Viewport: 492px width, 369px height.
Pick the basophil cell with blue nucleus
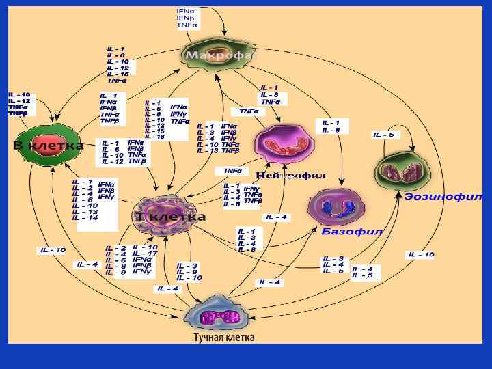[x=334, y=207]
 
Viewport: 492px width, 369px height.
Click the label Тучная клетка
[x=223, y=338]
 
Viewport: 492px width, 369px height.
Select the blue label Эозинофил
[x=443, y=196]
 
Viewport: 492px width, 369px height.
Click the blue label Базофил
[x=352, y=232]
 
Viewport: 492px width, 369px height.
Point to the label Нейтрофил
[x=290, y=176]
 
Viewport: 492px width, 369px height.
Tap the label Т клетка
[x=171, y=217]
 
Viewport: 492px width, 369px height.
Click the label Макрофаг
[x=219, y=55]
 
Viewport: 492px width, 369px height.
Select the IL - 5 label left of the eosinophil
[x=383, y=135]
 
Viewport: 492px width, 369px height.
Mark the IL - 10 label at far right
[x=420, y=254]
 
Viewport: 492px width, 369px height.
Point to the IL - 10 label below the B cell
[x=53, y=249]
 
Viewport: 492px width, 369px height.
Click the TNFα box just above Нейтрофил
[x=232, y=171]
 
